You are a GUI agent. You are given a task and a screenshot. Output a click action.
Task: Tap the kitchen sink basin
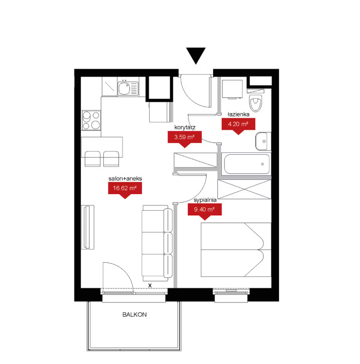(x=124, y=89)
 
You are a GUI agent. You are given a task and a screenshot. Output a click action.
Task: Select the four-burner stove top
(x=91, y=120)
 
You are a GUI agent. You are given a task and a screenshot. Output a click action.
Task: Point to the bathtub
(x=247, y=164)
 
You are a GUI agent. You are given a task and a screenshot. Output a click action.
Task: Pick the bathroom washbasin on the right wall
(x=263, y=142)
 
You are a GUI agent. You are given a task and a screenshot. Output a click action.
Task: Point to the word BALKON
(x=135, y=315)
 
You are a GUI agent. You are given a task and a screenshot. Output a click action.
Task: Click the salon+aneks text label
(x=125, y=178)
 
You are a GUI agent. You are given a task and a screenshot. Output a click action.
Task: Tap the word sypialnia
(x=205, y=200)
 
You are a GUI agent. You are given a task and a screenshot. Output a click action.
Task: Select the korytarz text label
(x=185, y=127)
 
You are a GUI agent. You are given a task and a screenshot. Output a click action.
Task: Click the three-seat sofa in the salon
(x=157, y=243)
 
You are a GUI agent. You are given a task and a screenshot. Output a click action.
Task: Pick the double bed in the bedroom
(x=236, y=250)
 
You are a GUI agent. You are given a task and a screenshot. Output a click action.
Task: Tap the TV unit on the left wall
(x=88, y=227)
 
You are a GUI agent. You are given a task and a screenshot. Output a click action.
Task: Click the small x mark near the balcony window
(x=150, y=285)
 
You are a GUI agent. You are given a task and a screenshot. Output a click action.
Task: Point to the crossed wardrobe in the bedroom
(x=244, y=189)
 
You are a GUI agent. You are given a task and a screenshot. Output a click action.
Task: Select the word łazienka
(x=239, y=114)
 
